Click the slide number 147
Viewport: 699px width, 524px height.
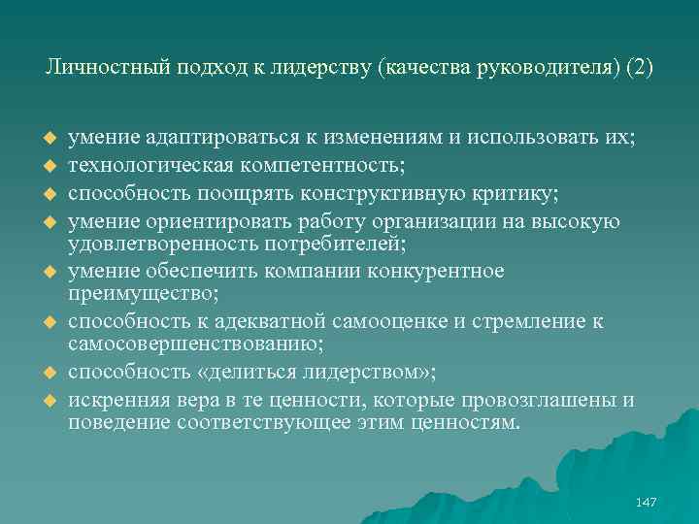(x=645, y=502)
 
